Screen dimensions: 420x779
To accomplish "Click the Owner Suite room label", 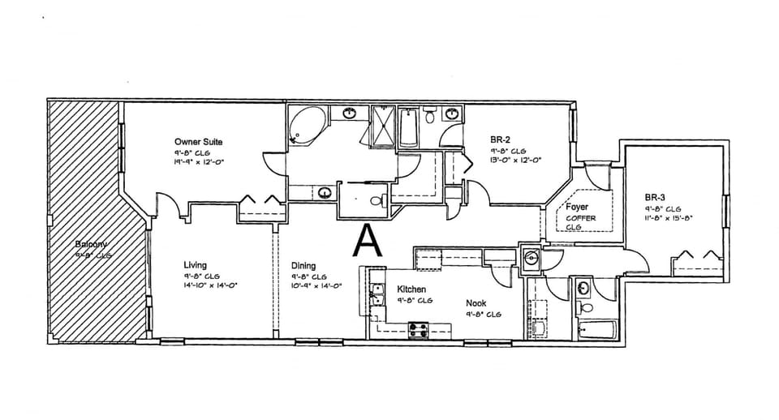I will [198, 142].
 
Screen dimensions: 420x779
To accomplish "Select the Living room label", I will [195, 265].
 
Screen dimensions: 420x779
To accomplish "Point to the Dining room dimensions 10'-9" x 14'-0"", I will [316, 285].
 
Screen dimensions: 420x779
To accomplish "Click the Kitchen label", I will [411, 289].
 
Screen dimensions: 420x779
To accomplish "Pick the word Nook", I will [476, 302].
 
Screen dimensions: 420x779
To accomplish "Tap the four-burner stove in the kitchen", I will [418, 329].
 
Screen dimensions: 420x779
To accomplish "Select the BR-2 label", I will [501, 139].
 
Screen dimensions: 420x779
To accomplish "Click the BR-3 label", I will [656, 197].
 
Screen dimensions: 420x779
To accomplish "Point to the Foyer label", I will [577, 208].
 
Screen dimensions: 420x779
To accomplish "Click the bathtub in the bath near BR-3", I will [597, 331].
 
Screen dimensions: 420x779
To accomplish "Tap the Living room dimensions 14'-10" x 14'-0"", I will [210, 285].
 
